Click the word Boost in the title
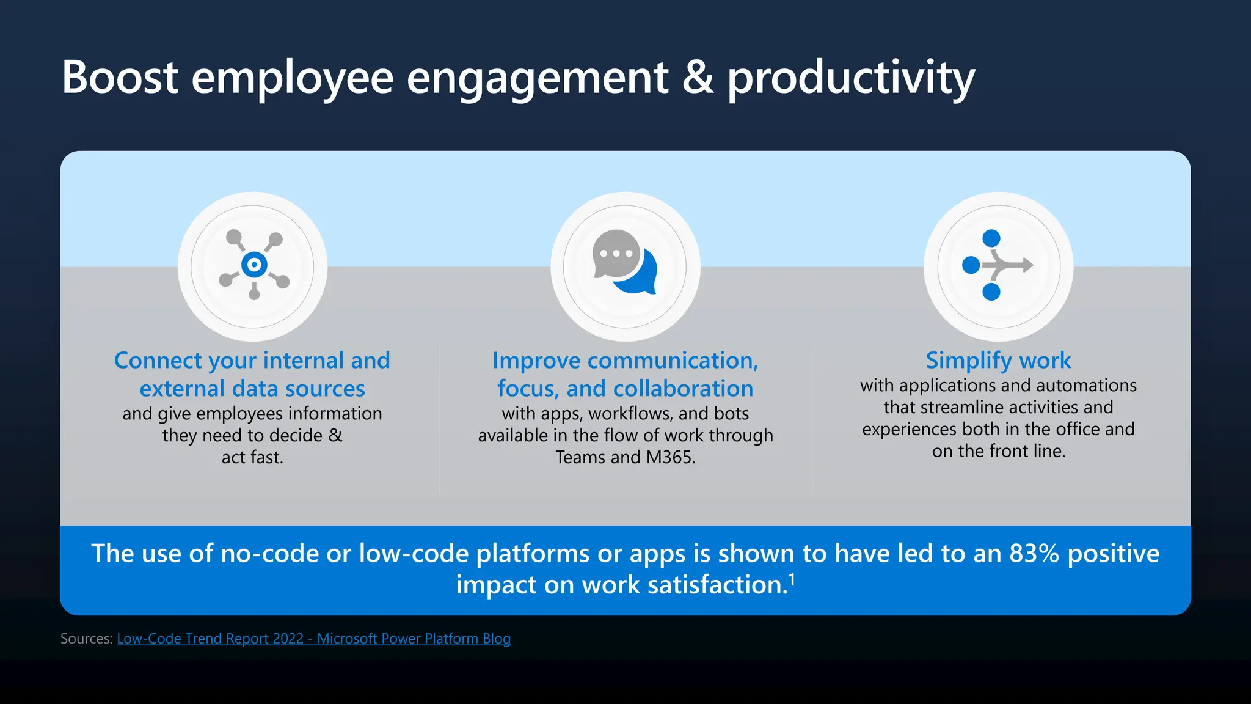[x=120, y=78]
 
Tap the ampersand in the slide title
[x=698, y=78]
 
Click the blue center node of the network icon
[x=254, y=265]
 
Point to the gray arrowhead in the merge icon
[x=1026, y=265]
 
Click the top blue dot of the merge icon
[x=991, y=238]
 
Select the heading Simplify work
[x=998, y=360]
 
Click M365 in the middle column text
[x=670, y=457]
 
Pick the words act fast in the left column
[x=252, y=457]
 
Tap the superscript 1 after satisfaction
[x=792, y=578]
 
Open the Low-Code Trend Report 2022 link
[x=313, y=639]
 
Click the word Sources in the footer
[x=86, y=639]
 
